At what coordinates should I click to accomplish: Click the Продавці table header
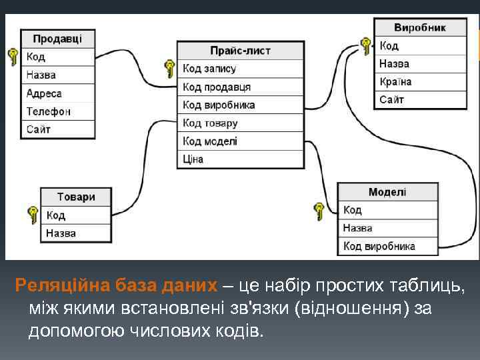pos(57,39)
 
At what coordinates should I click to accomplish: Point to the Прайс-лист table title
pos(240,51)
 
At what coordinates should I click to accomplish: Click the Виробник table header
pos(420,27)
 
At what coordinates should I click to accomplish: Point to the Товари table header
pos(76,197)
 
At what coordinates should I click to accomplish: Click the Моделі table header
pos(387,192)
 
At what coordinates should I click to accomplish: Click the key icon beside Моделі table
pos(319,211)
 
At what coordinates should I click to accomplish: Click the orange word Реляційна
pos(57,285)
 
